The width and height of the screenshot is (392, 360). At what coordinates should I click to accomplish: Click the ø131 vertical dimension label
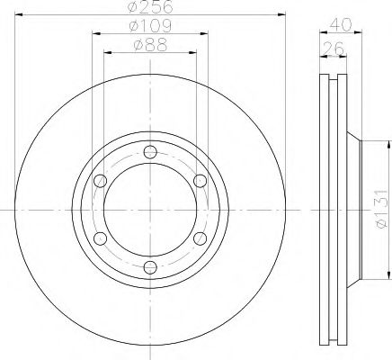(380, 211)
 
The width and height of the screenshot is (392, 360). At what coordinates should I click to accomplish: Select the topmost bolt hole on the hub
(149, 150)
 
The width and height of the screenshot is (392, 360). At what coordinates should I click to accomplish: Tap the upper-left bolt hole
(100, 179)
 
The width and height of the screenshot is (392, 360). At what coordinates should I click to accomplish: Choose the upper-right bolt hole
(199, 179)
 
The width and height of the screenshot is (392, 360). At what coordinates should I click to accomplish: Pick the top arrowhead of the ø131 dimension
(387, 145)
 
